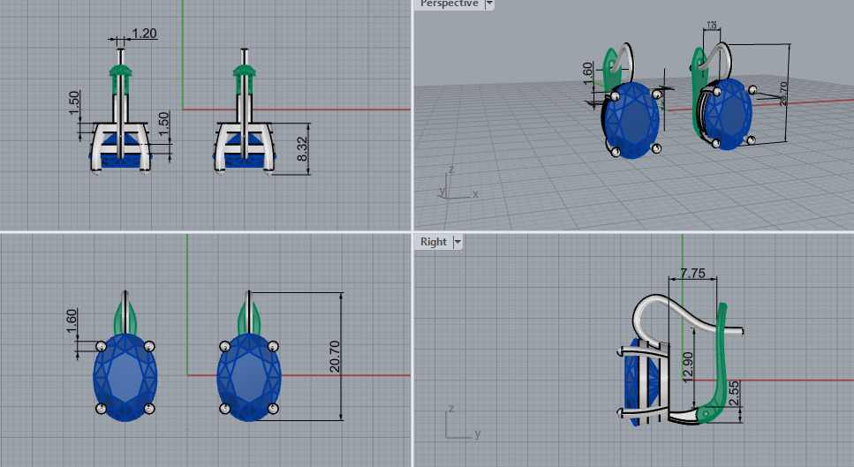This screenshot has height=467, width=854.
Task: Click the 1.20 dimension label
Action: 144,34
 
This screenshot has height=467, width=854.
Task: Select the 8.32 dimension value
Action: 302,148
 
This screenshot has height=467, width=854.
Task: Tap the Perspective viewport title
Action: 448,4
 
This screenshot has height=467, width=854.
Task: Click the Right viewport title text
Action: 434,242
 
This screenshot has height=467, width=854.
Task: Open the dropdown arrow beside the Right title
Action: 457,242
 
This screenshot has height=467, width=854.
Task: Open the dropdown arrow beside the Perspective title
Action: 489,4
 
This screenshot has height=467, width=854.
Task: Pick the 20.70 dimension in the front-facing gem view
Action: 335,355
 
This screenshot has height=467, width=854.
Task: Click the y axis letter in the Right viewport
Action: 476,433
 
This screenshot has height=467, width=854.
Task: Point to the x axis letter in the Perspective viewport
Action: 475,193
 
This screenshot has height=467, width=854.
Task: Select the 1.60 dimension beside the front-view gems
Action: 72,320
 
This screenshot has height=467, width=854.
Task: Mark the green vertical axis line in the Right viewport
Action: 683,256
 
